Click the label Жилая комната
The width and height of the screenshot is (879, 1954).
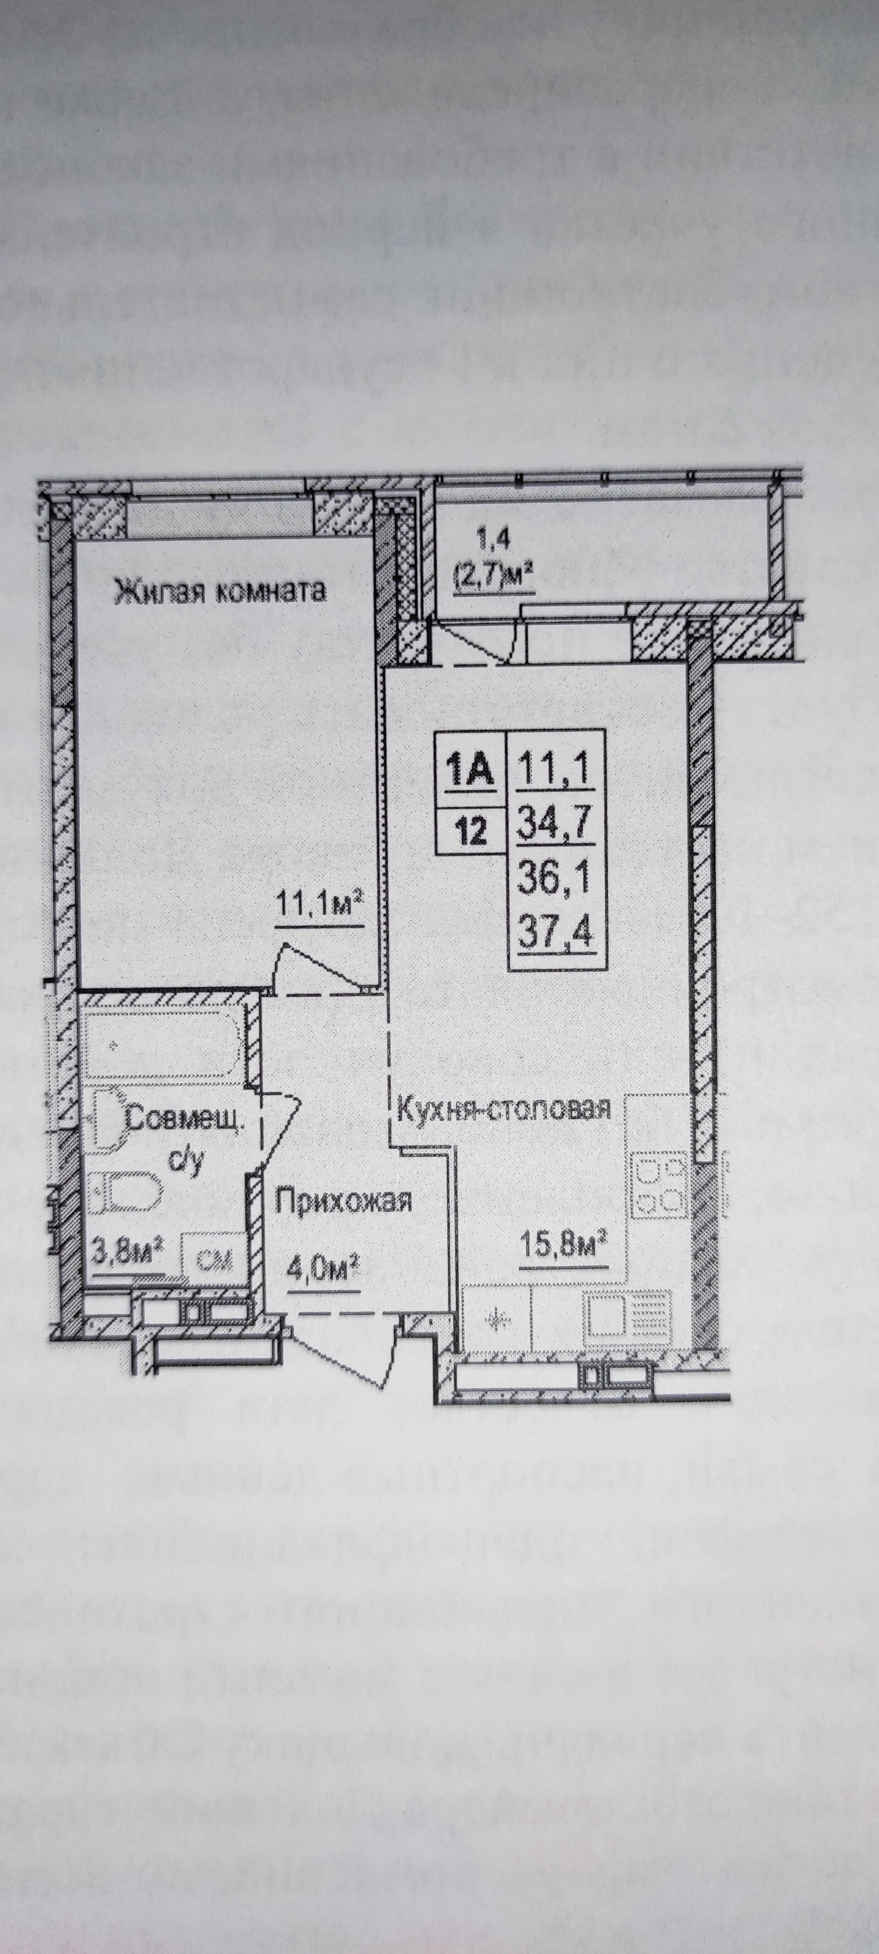220,590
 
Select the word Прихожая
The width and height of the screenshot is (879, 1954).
343,1201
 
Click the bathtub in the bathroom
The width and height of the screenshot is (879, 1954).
163,1045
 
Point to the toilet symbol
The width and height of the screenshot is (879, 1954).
125,1193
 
